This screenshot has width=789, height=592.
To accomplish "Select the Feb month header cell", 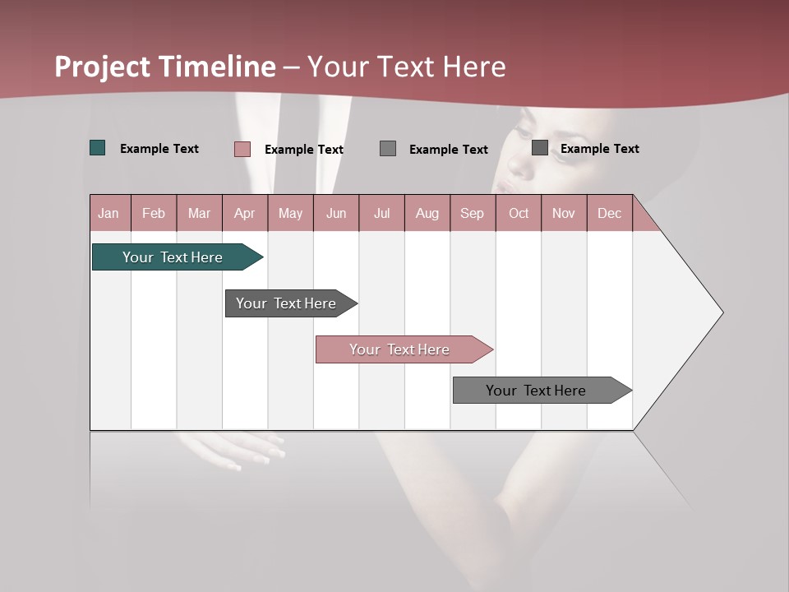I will (x=154, y=213).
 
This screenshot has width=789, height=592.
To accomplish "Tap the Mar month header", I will (x=199, y=213).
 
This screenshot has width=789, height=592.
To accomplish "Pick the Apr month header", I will (x=245, y=213).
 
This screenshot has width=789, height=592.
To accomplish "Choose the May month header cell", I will (x=290, y=213).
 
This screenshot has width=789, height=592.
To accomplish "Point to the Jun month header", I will (x=336, y=213).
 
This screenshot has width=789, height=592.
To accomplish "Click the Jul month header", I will (x=381, y=213).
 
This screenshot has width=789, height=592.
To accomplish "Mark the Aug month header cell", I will (x=427, y=213).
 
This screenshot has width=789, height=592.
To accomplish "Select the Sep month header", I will (x=473, y=213).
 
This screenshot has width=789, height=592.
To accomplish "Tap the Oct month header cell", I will (x=519, y=213).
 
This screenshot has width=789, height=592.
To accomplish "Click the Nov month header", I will (x=564, y=213).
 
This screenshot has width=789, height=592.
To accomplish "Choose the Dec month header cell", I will (x=610, y=213).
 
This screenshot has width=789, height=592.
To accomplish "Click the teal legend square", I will (x=98, y=148).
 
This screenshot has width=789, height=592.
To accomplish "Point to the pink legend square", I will (x=242, y=149).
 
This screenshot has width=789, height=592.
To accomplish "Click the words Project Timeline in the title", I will (x=165, y=67).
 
